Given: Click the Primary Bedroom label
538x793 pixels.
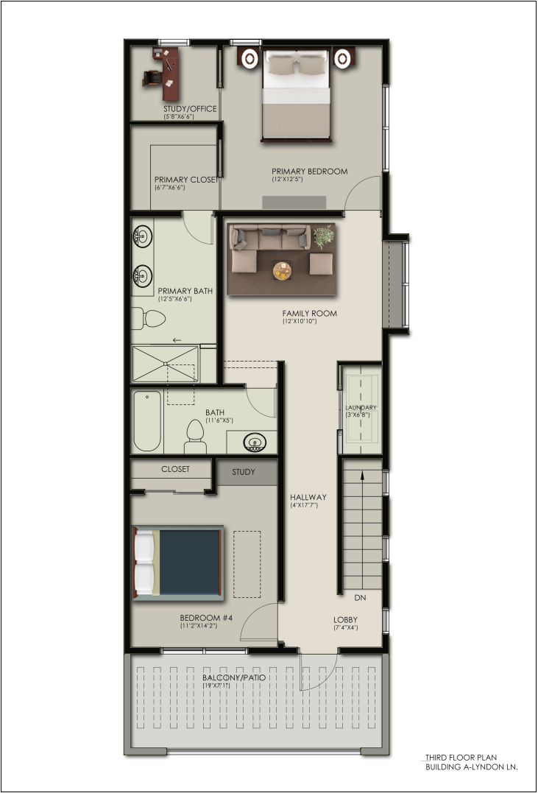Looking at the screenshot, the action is [x=309, y=172].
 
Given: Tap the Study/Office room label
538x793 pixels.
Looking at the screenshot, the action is [x=190, y=109].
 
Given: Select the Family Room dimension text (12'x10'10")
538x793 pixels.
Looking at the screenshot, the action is [x=300, y=321].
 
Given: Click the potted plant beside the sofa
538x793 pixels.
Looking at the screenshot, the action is [x=324, y=236].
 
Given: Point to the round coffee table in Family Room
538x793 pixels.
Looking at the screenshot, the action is [x=282, y=270].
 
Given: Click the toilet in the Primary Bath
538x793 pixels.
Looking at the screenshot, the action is [x=149, y=319].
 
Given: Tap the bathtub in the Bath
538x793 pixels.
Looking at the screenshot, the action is [x=148, y=420].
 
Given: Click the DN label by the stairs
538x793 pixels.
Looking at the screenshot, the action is [x=360, y=598].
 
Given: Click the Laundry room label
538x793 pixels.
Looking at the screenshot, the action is [x=361, y=408].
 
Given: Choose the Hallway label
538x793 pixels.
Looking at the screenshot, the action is [x=308, y=497].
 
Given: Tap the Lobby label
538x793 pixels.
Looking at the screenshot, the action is [x=345, y=619].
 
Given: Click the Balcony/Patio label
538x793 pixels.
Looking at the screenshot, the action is [x=233, y=677].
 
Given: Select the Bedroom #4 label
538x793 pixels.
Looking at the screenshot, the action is [x=206, y=618].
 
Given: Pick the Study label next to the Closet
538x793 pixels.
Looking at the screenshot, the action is [x=244, y=472].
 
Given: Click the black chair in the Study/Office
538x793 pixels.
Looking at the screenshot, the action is [x=152, y=78].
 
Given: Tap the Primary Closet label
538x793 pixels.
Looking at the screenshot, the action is [x=187, y=180].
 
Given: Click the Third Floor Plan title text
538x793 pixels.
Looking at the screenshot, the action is [x=461, y=757].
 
